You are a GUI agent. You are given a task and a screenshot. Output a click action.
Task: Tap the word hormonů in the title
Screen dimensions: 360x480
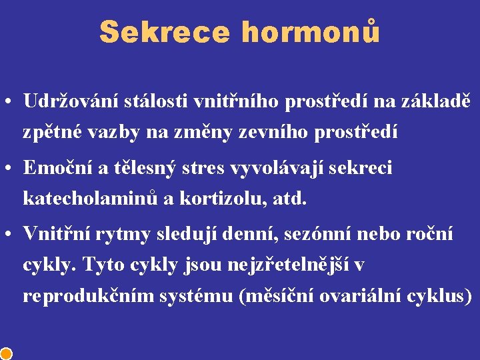[x=311, y=32]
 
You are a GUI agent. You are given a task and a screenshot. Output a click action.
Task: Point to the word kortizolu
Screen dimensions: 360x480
[x=222, y=198]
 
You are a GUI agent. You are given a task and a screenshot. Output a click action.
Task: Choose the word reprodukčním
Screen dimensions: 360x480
[x=88, y=295]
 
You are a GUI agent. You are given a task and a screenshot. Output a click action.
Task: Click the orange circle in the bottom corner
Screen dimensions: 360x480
[x=5, y=353]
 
